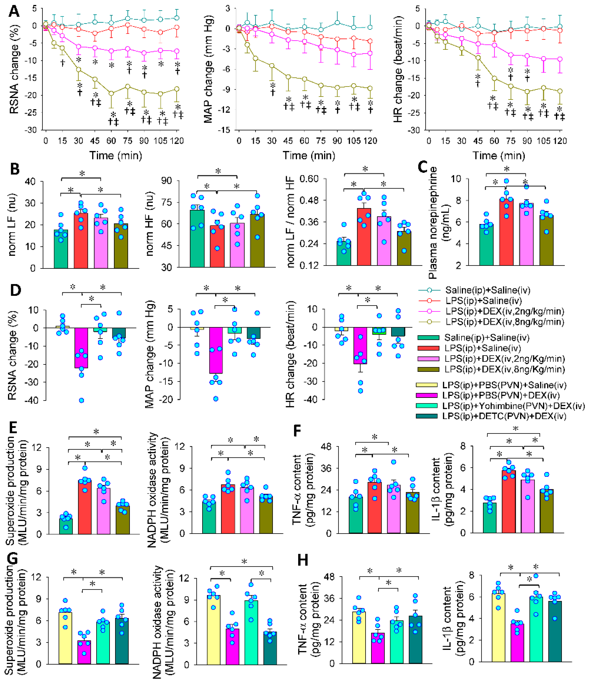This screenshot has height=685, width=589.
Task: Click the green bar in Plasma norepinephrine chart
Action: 486,245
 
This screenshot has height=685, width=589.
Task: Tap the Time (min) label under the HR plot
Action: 498,155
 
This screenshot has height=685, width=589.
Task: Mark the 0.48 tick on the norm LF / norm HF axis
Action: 309,200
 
